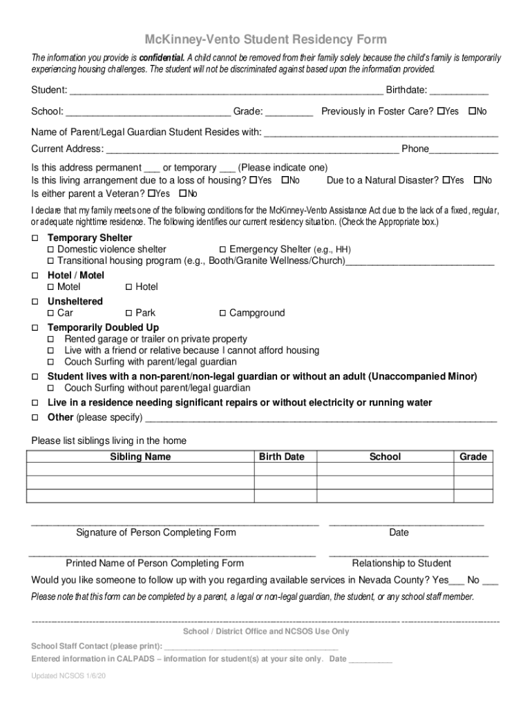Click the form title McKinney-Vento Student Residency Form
click(265, 39)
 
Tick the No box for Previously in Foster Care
click(473, 111)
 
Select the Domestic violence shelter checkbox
click(50, 249)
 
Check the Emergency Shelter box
click(222, 249)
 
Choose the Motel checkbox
click(50, 287)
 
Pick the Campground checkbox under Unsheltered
click(222, 313)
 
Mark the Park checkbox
click(129, 313)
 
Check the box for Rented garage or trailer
click(50, 340)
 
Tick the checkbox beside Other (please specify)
click(35, 418)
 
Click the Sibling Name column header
click(140, 456)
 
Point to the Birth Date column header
click(281, 456)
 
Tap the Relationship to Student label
click(401, 563)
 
